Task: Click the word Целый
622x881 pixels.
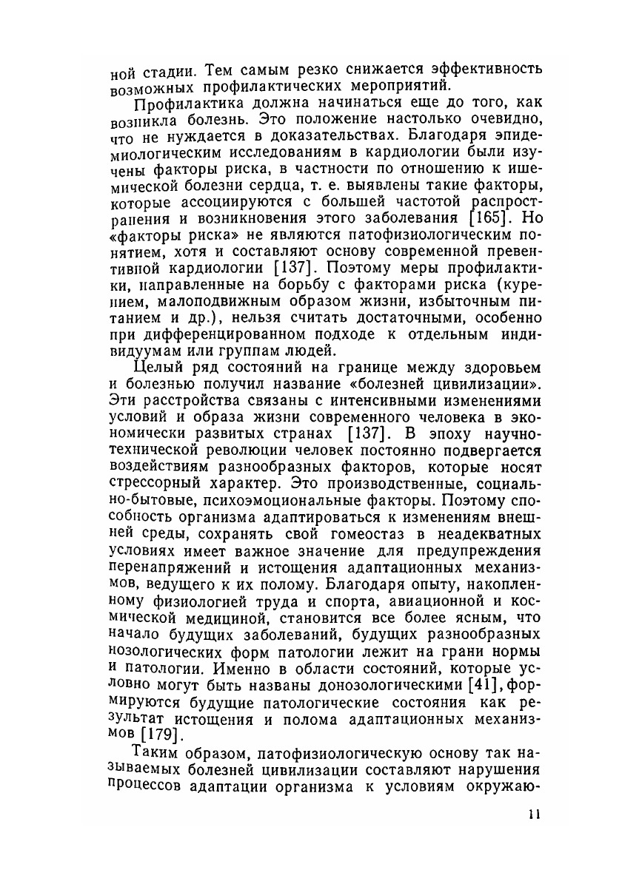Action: (x=156, y=368)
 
